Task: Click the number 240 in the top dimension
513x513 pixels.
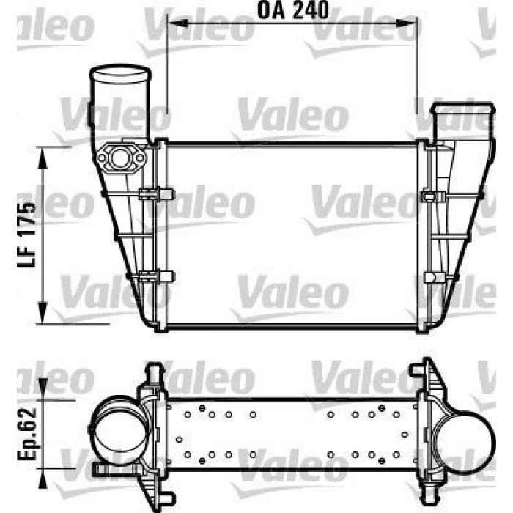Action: tap(311, 10)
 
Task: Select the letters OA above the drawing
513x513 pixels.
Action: tap(270, 10)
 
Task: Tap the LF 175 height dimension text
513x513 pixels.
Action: tap(26, 235)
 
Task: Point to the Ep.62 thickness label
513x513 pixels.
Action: tap(26, 434)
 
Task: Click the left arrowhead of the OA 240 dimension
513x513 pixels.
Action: tap(177, 23)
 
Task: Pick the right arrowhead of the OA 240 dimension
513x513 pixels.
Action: tap(407, 23)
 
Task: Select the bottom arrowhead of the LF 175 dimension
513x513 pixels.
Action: tap(43, 313)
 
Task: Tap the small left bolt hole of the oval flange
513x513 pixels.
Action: tap(102, 158)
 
